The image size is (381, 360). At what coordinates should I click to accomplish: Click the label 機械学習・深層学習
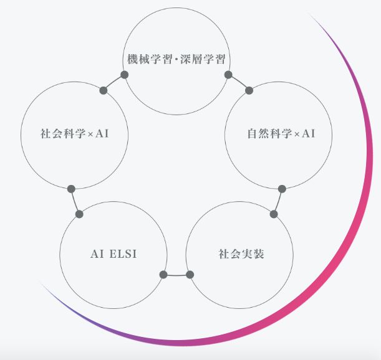(175, 60)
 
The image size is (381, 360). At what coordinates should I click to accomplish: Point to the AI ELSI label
(113, 254)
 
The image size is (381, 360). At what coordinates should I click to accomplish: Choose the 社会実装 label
(238, 254)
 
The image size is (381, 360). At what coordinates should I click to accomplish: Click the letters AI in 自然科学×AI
(309, 133)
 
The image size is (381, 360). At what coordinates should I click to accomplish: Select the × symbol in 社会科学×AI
(90, 133)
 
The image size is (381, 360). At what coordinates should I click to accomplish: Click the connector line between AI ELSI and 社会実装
(176, 275)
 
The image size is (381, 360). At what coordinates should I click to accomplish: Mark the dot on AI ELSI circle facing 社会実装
(163, 275)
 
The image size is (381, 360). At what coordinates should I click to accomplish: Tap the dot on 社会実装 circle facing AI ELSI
(190, 275)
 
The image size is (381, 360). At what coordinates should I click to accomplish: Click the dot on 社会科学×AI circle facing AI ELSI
(71, 188)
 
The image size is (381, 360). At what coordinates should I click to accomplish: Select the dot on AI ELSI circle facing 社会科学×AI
(79, 214)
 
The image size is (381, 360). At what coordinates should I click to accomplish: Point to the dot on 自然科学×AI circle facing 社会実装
(282, 188)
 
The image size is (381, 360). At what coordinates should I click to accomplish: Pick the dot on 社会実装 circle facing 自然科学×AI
(274, 214)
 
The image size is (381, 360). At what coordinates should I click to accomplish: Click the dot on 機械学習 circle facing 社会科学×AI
(124, 75)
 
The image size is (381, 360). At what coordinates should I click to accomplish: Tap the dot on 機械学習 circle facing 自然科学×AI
(228, 75)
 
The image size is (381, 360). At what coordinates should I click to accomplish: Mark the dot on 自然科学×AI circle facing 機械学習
(249, 90)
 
